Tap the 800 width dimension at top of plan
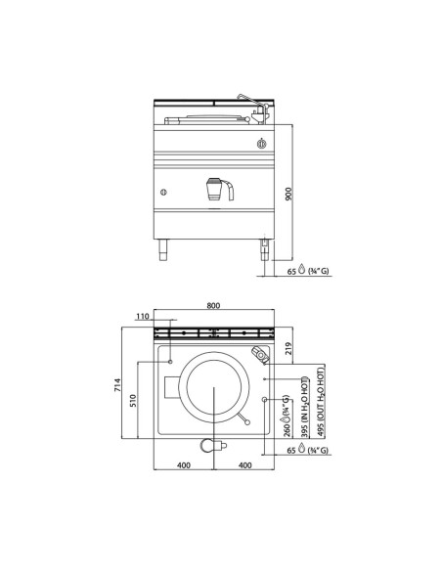(214, 304)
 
